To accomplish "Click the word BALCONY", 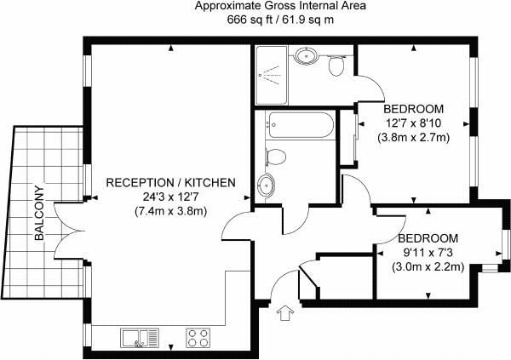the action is (x=39, y=213).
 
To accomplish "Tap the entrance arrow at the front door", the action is (x=285, y=313).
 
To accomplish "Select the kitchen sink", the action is (x=140, y=338).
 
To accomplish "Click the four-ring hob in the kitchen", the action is (x=198, y=338).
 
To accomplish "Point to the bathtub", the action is (x=300, y=125).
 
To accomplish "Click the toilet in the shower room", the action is (x=336, y=65).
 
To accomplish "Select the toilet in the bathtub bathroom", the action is (x=276, y=157).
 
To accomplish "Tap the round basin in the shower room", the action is (x=306, y=55).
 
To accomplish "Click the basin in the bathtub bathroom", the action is (x=267, y=185).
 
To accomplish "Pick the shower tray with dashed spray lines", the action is (x=272, y=75).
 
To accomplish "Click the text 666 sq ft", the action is (x=248, y=20).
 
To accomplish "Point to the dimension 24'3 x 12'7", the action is (x=171, y=197).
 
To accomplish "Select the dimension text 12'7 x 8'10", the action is (x=413, y=123).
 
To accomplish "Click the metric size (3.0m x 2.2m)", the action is (x=428, y=267).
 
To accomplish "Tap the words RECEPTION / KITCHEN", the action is (x=171, y=182).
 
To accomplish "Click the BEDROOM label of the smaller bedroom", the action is (x=428, y=238).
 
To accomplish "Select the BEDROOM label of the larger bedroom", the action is (x=413, y=109).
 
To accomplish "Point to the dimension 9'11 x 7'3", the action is (x=428, y=253).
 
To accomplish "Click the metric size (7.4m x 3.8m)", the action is (x=171, y=211).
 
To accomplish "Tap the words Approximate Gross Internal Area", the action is (x=280, y=6).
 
